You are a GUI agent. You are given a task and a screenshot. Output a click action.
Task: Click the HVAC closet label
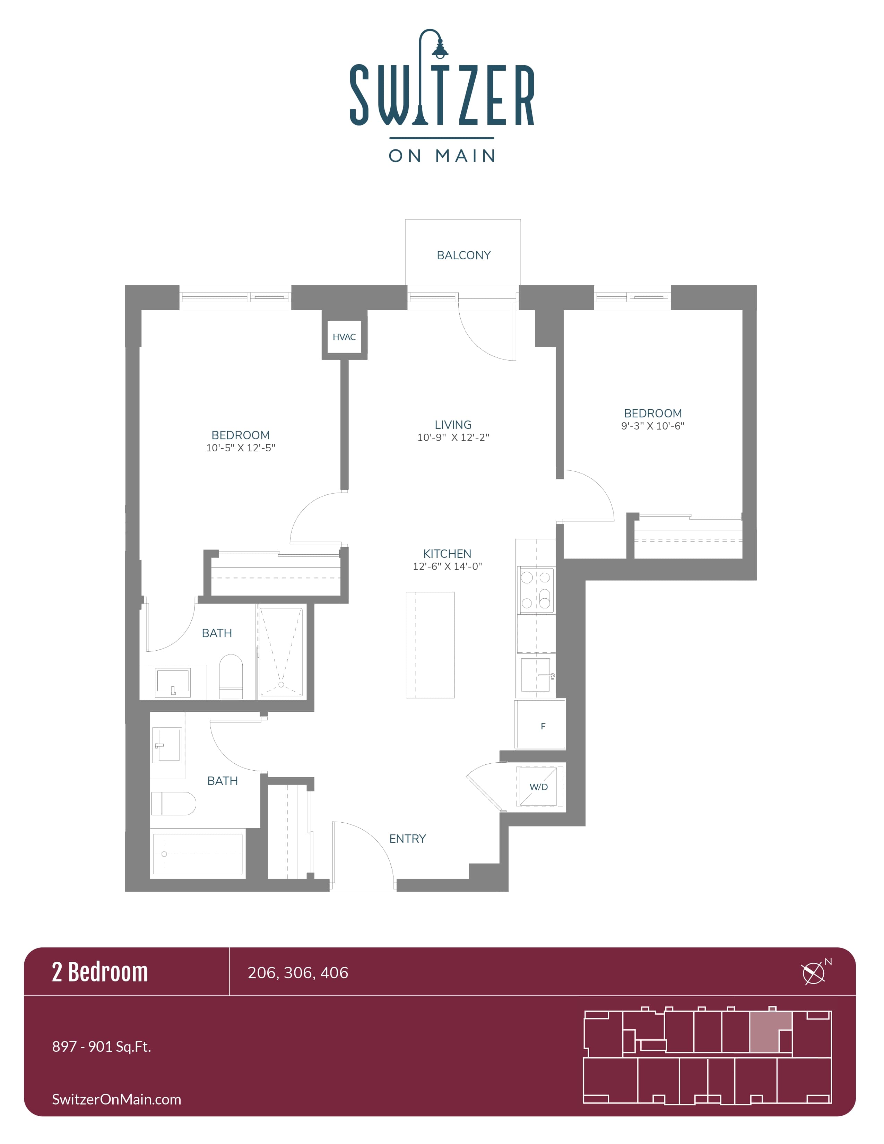pos(344,337)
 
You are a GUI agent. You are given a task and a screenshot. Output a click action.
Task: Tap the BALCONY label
pos(463,255)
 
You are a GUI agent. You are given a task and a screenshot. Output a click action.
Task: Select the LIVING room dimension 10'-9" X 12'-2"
pos(453,437)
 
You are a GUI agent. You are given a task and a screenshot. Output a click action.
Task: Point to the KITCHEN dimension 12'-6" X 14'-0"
pos(447,566)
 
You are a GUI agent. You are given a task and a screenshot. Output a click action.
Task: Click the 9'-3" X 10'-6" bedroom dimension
pos(652,426)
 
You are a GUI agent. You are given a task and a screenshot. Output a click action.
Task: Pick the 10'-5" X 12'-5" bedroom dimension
pos(240,448)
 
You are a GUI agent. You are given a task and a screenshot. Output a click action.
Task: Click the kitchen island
pos(430,645)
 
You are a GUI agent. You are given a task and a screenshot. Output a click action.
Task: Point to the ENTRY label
pos(407,839)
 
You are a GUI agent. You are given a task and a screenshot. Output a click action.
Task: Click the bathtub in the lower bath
pos(197,854)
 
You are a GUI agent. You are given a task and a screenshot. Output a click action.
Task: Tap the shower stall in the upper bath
pos(281,651)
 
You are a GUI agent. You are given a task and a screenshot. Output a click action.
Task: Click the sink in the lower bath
pos(167,744)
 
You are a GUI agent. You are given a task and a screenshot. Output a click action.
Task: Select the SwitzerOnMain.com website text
pos(116,1099)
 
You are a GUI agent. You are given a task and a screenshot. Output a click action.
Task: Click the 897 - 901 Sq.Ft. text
pos(102,1047)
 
